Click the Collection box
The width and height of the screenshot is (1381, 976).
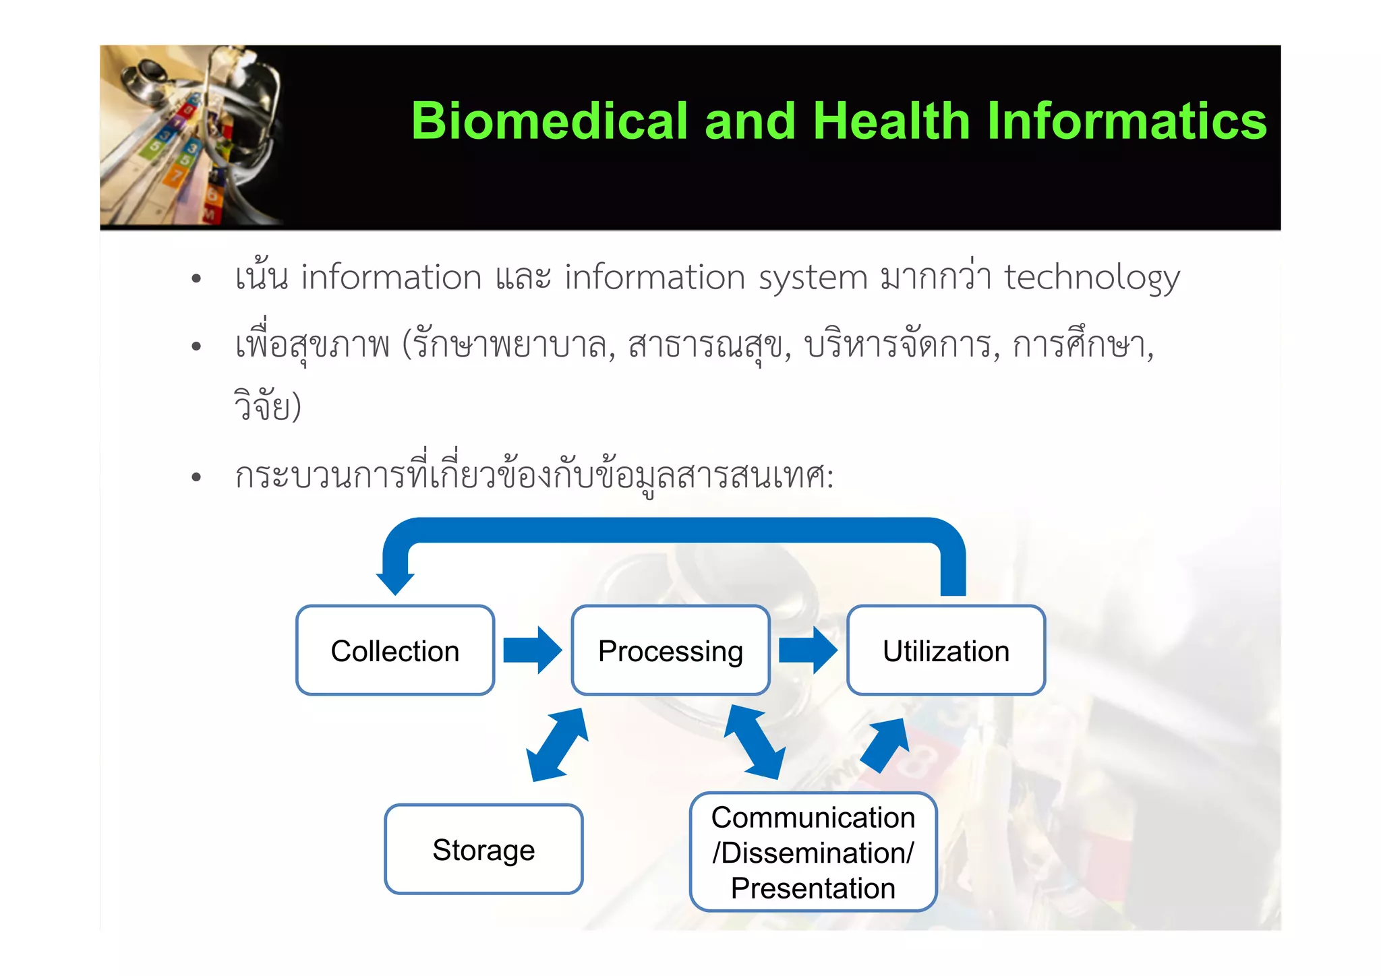click(x=395, y=650)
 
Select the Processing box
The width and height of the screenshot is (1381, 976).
click(x=670, y=650)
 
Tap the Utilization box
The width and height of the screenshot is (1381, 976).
click(x=945, y=650)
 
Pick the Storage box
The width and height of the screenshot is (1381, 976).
click(x=483, y=849)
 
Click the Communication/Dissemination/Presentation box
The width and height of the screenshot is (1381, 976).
click(x=813, y=852)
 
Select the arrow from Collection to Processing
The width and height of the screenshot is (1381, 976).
click(x=532, y=650)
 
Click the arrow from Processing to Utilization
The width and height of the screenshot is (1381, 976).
click(x=807, y=650)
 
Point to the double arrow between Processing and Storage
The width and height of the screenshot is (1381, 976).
click(x=557, y=745)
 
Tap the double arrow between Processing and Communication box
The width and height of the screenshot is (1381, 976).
click(x=755, y=742)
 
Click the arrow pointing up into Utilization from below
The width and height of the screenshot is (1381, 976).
click(x=885, y=744)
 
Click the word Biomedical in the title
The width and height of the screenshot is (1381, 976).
click(x=549, y=121)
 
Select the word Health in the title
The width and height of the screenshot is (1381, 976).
click(x=891, y=121)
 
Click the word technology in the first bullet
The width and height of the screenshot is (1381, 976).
click(x=1092, y=278)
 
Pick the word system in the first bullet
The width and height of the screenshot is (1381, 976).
click(x=813, y=278)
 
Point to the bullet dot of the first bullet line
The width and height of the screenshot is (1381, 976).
click(x=196, y=279)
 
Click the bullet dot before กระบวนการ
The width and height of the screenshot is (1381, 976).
click(x=196, y=478)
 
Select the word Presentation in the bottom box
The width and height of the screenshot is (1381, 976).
click(x=813, y=888)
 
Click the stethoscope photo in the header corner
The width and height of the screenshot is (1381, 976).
click(x=190, y=135)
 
